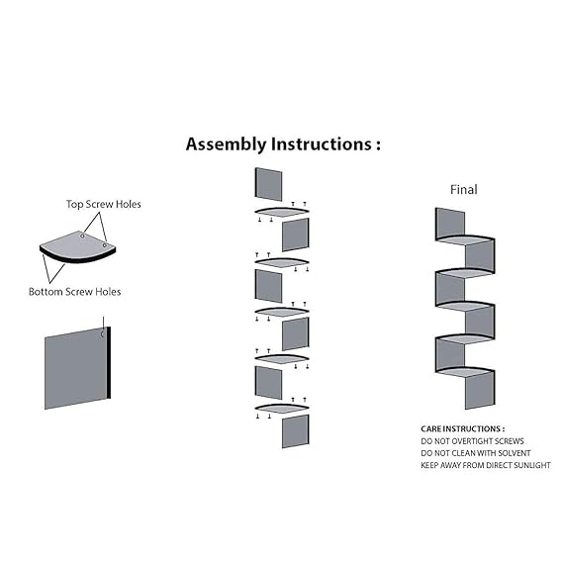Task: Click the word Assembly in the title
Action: (227, 144)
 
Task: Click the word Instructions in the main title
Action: (322, 144)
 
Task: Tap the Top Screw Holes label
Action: (104, 204)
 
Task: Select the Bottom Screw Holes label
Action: (74, 292)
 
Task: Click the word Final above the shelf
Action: (464, 190)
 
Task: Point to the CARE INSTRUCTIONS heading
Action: (462, 428)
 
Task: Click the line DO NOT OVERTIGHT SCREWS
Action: (472, 441)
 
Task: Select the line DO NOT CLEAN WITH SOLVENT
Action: (476, 453)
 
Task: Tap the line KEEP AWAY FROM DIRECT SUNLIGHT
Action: (486, 465)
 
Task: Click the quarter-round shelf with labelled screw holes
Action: (77, 246)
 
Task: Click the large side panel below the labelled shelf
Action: (77, 368)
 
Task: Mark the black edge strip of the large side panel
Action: (109, 363)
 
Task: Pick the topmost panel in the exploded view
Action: (268, 184)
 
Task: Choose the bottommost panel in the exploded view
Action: (296, 431)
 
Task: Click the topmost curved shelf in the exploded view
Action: (282, 212)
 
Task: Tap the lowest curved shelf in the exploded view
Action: (282, 409)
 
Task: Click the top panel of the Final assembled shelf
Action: (450, 224)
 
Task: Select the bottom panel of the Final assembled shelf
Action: (480, 391)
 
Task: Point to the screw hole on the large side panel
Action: (102, 334)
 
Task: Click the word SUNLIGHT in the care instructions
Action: (532, 465)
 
